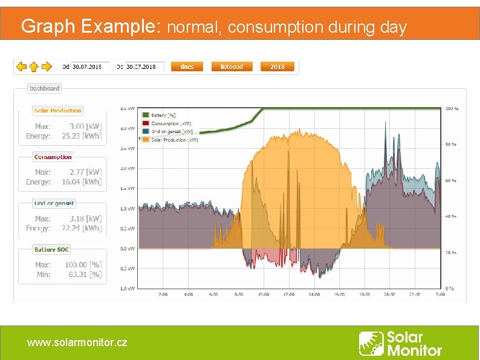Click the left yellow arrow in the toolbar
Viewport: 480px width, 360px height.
point(21,67)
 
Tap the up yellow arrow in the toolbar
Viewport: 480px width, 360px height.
point(34,67)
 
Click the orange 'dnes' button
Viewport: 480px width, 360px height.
point(187,67)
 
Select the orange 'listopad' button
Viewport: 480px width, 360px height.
point(232,67)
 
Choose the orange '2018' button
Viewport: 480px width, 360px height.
point(277,67)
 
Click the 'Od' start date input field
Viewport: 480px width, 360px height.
point(91,67)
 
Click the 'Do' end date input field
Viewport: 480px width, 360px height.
point(144,67)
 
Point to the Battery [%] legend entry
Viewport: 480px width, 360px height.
point(163,115)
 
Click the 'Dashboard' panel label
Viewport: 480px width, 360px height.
point(44,88)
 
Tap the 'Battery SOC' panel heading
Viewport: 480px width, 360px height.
point(51,249)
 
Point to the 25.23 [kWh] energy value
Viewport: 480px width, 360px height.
point(82,136)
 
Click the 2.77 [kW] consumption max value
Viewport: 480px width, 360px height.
point(85,172)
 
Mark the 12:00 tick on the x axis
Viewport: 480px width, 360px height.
point(288,295)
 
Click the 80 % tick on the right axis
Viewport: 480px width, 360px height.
point(450,145)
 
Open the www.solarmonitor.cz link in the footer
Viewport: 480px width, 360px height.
point(77,342)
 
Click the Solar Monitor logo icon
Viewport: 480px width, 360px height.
point(371,343)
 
